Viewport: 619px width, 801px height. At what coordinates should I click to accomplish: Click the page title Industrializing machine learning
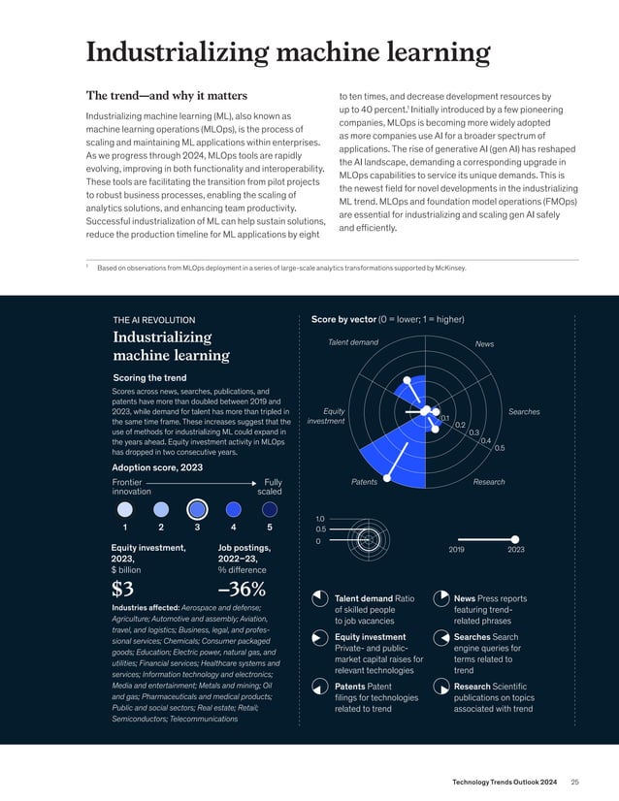click(x=287, y=52)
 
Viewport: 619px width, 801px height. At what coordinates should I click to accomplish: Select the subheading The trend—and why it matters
click(x=167, y=96)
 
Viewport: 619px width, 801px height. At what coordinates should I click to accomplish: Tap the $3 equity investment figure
click(x=123, y=589)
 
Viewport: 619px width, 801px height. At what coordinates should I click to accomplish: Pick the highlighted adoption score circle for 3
click(x=197, y=509)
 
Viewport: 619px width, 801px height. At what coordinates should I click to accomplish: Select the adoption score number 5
click(x=270, y=529)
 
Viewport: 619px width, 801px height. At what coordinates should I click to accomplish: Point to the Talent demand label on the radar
click(x=353, y=342)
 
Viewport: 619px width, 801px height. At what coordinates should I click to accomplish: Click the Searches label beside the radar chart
click(x=524, y=412)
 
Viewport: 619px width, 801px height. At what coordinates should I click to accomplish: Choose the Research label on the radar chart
click(x=489, y=482)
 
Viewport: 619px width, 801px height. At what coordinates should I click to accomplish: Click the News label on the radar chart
click(x=484, y=343)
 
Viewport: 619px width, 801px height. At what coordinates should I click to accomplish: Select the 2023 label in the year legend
click(x=515, y=549)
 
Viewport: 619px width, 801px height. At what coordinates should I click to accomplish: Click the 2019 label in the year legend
click(x=458, y=549)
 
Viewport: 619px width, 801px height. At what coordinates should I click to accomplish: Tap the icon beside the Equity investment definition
click(x=319, y=638)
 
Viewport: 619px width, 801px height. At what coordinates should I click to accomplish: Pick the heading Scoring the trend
click(x=151, y=377)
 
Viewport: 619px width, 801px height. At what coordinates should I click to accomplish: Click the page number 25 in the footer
click(x=574, y=782)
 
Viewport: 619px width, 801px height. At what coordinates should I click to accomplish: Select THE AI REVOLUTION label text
click(x=153, y=319)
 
